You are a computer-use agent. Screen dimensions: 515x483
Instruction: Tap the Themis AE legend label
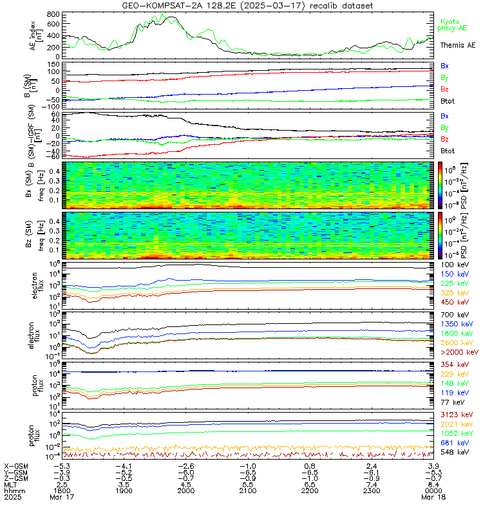pyautogui.click(x=457, y=45)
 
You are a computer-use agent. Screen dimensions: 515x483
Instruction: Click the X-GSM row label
pyautogui.click(x=17, y=465)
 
